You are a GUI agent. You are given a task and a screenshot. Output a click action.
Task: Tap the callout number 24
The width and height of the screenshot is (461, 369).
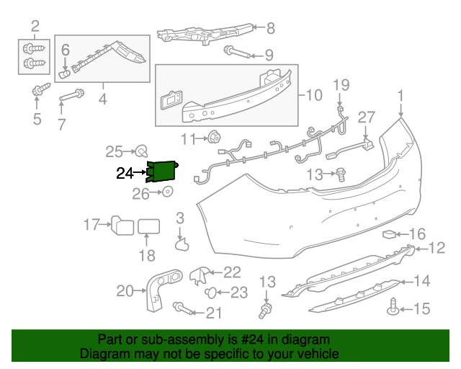(x=125, y=173)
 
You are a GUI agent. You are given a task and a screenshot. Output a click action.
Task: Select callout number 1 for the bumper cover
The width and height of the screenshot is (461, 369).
(x=400, y=95)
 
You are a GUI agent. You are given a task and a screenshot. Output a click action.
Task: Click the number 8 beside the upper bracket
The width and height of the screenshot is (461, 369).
(x=271, y=29)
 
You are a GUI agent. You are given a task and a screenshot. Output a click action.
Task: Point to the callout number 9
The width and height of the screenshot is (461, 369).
(x=268, y=55)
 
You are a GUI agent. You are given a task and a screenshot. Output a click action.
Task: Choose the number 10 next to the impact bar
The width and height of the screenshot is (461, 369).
(x=315, y=94)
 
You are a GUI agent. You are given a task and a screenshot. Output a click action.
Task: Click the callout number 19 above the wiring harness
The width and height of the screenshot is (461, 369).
(x=341, y=86)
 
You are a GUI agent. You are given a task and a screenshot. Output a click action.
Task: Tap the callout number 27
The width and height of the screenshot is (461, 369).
(x=367, y=117)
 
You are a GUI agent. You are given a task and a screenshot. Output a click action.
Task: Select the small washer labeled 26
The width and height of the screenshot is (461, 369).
(x=167, y=192)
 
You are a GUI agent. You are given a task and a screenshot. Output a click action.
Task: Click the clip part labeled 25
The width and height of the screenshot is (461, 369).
(x=142, y=151)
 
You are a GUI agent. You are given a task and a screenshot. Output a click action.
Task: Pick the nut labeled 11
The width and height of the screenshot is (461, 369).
(x=214, y=137)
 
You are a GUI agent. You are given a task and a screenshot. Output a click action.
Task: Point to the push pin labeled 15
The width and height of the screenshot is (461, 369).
(x=393, y=307)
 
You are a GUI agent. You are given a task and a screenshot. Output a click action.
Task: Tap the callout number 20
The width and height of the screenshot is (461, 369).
(x=125, y=291)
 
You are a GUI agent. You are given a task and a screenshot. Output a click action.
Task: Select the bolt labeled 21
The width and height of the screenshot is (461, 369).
(x=181, y=308)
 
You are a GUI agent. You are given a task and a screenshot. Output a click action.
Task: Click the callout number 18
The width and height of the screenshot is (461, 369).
(x=146, y=255)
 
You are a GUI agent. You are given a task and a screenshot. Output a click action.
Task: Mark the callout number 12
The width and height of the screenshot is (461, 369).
(x=438, y=249)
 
